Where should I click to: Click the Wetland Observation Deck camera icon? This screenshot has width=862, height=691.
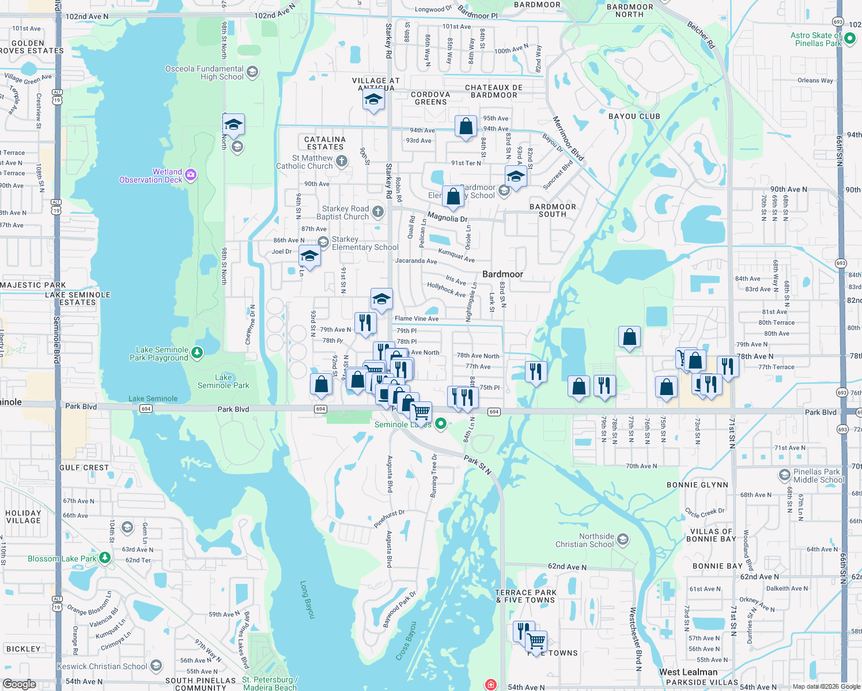coord(191,175)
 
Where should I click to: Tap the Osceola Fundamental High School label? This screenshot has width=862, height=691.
coord(205,73)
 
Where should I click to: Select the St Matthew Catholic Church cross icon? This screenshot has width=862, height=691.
coord(342,161)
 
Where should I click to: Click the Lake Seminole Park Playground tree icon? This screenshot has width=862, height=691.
coord(197,352)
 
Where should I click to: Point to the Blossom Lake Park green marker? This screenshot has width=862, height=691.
coord(105,558)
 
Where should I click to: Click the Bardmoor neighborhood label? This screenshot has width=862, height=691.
coord(502,274)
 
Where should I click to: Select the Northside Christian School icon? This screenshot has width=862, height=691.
coord(622,540)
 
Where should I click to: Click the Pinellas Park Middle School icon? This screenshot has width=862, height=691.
coord(784,475)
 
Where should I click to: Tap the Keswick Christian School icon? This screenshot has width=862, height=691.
coord(156,666)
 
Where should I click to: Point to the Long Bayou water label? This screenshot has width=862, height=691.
coord(307,599)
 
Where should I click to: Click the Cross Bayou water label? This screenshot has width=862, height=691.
coord(406,640)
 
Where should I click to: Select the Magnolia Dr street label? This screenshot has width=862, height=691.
coord(447,217)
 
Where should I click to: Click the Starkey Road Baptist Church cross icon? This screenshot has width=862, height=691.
coord(378,212)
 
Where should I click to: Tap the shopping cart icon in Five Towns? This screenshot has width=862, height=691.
coord(536,640)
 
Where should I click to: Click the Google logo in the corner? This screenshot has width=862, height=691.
coord(20,684)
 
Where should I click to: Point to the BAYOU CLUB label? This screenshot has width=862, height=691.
coord(634,116)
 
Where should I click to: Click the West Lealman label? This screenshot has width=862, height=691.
coord(688,672)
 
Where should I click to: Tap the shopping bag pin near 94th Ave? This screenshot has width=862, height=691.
coord(466,126)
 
